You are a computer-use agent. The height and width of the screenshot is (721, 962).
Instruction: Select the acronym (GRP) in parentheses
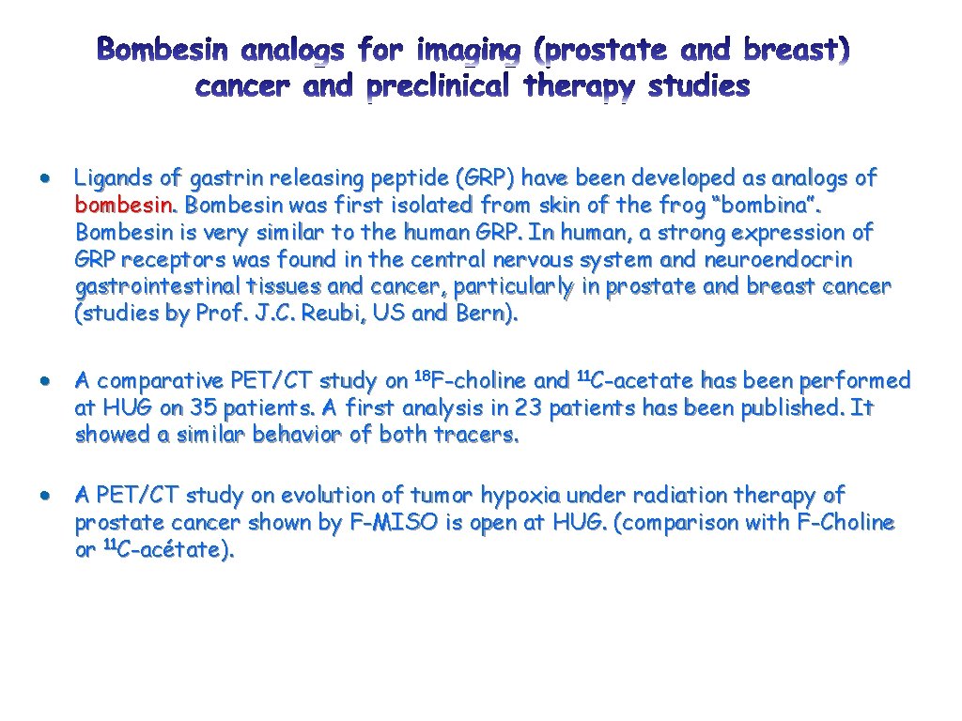(x=488, y=177)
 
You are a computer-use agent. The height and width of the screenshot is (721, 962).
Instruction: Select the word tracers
(x=478, y=436)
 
